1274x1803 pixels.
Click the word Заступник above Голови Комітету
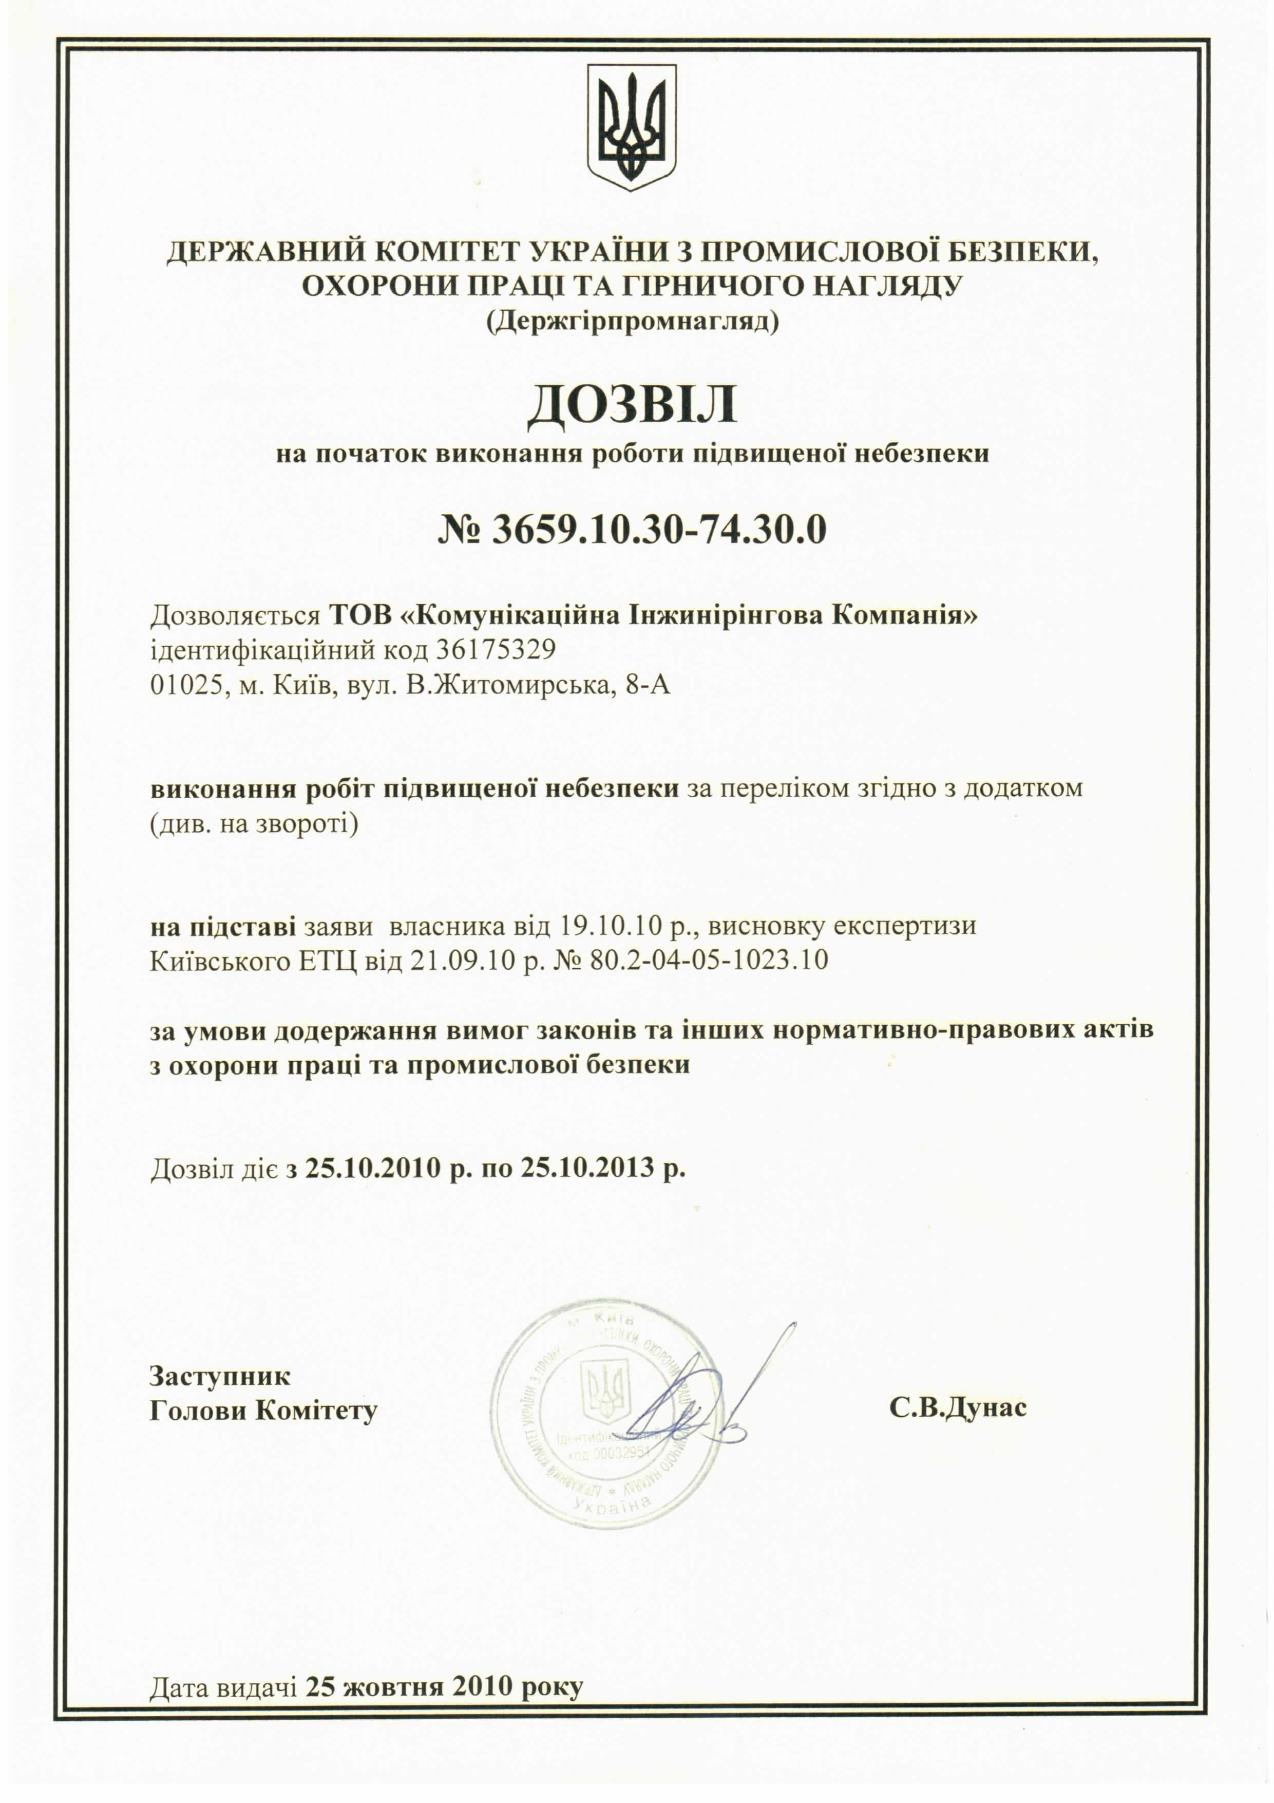(220, 1376)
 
